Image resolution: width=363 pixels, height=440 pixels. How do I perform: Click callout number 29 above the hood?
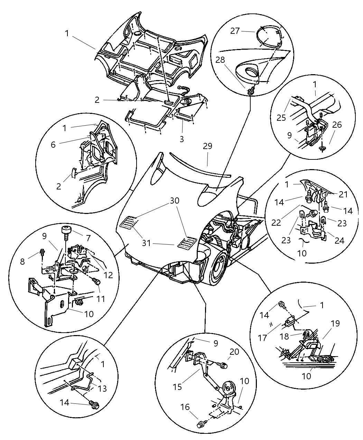[x=207, y=146]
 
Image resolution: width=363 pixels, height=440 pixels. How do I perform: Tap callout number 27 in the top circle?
[x=235, y=31]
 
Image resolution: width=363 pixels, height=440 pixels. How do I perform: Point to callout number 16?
[x=185, y=408]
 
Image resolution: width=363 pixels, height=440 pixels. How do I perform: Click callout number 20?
[x=234, y=351]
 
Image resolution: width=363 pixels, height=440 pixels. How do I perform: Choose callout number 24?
[x=339, y=241]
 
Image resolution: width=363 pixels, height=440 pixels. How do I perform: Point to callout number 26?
[x=337, y=125]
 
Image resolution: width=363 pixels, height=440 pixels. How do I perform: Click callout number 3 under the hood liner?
[x=181, y=139]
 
